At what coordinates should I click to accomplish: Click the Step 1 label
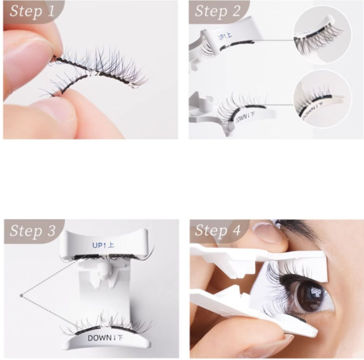click(32, 11)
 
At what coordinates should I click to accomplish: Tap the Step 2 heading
click(218, 11)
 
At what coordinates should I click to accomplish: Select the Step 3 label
click(33, 230)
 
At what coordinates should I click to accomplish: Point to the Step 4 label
click(218, 230)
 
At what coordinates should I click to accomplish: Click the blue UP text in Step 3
click(103, 245)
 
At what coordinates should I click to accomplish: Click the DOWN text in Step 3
click(105, 338)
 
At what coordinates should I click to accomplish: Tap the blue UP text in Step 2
click(225, 37)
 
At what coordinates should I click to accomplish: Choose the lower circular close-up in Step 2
click(323, 99)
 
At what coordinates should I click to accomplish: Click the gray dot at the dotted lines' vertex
click(22, 295)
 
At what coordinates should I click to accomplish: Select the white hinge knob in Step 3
click(103, 271)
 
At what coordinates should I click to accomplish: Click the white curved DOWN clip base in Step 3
click(107, 342)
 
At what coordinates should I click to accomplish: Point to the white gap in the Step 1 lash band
click(94, 74)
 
